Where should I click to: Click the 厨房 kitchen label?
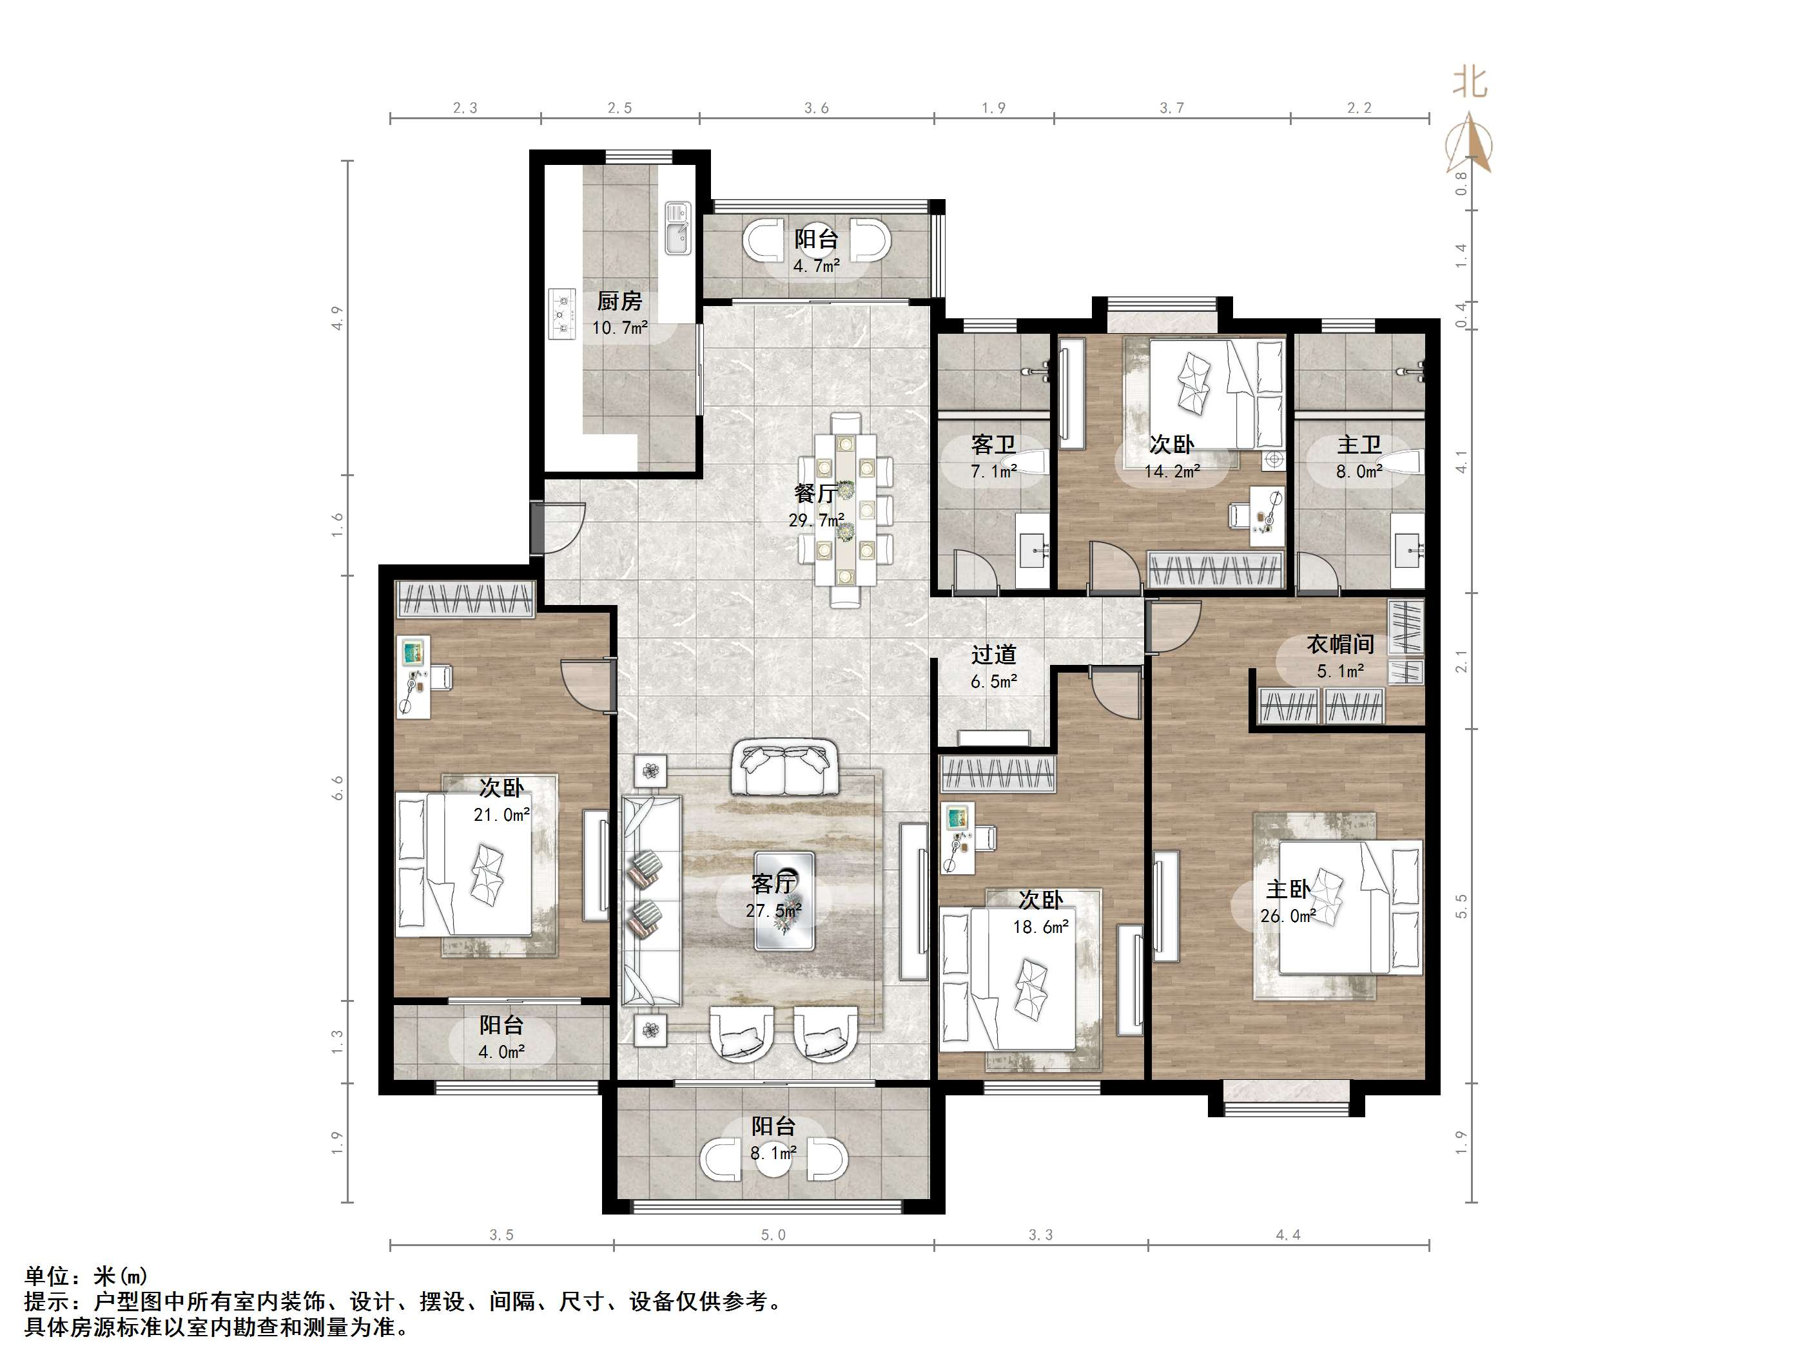[x=619, y=302]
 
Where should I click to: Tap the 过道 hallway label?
[x=993, y=655]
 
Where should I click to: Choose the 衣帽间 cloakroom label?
[x=1341, y=644]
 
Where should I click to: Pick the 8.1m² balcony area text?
[x=773, y=1153]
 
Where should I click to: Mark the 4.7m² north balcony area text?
[x=817, y=266]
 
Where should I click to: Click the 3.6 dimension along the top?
[x=817, y=108]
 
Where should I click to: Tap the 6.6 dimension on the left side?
[x=337, y=787]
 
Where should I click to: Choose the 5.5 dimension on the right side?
[x=1461, y=906]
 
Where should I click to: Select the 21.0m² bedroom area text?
[x=501, y=815]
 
